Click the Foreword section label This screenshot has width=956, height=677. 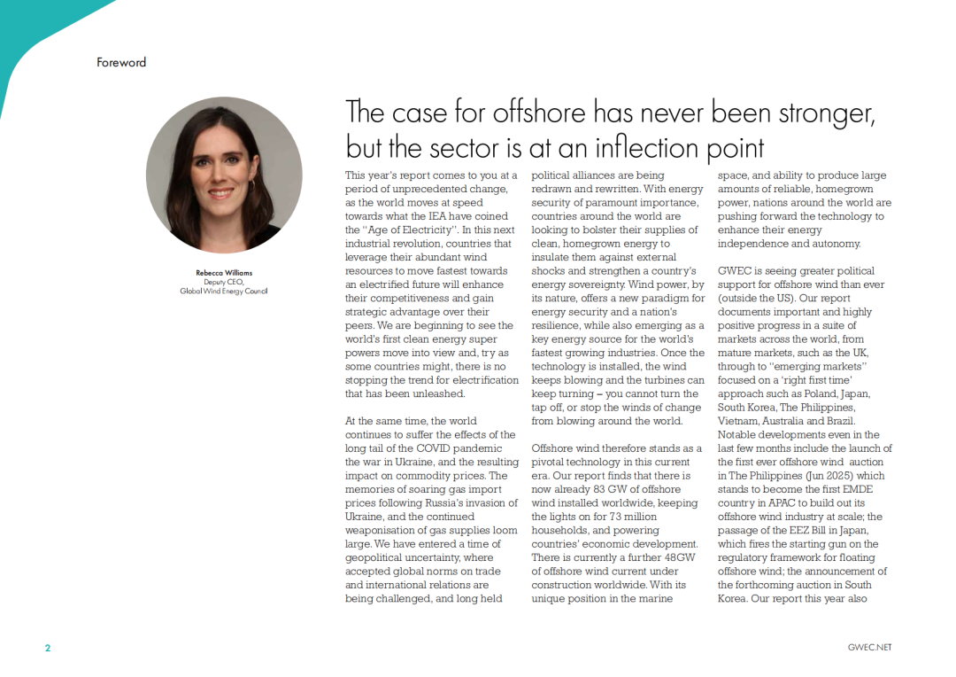click(121, 63)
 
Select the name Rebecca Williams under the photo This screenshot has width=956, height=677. click(224, 273)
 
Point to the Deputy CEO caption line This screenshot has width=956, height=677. click(224, 282)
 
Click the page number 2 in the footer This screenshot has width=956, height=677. click(48, 648)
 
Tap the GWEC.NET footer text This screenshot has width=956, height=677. click(869, 648)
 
